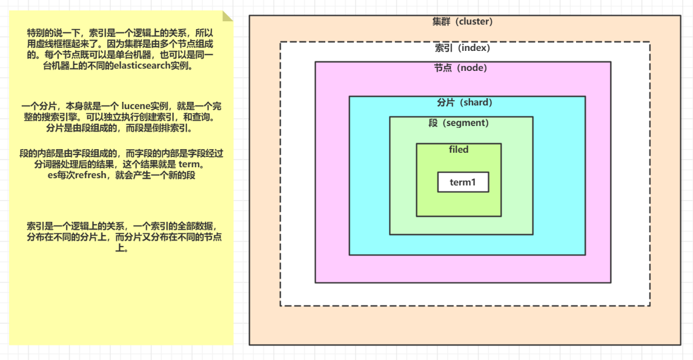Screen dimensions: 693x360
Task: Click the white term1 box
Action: (463, 182)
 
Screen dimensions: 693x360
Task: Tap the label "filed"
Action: (459, 150)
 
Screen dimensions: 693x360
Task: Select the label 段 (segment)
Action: (458, 123)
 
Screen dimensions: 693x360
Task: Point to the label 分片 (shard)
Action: (465, 102)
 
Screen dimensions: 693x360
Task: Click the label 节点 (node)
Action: (460, 68)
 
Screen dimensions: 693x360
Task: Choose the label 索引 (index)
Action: (462, 47)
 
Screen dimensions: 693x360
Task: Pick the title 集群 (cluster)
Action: (462, 22)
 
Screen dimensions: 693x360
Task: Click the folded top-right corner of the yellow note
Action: (227, 16)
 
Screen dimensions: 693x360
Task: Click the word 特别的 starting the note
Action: (41, 32)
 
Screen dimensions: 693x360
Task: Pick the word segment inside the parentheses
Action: (466, 123)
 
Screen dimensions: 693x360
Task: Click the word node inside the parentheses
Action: (472, 68)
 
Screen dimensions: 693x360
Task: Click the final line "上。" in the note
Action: (122, 248)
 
